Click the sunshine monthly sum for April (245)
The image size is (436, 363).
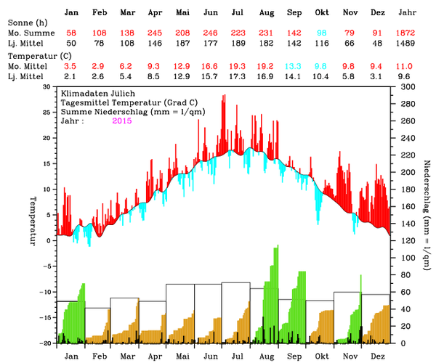[155, 34]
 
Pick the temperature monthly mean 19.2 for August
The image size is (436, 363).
[266, 65]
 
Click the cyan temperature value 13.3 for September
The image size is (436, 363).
[294, 65]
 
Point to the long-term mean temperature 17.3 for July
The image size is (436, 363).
[238, 75]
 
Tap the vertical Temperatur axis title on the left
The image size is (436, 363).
[33, 220]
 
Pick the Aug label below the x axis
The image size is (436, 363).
[267, 356]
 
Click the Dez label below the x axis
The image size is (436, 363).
[378, 356]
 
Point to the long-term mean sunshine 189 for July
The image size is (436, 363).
[238, 44]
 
